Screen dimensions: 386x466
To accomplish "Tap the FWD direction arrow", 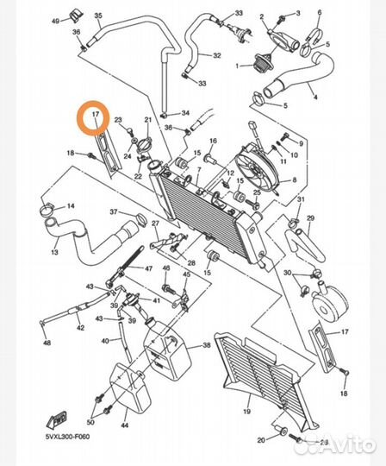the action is click(x=56, y=419).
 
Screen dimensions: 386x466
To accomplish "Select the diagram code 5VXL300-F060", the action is click(x=67, y=437).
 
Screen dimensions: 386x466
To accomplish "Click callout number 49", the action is click(x=55, y=21).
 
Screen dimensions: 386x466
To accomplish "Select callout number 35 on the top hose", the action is click(x=98, y=16).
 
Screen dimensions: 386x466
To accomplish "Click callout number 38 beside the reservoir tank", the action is click(x=207, y=345).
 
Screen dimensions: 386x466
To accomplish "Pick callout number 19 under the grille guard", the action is click(x=246, y=412).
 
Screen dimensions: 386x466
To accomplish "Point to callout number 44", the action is click(x=125, y=425).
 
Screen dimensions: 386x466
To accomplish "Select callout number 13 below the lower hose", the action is click(x=54, y=252).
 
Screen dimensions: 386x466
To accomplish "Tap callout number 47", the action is click(x=148, y=268).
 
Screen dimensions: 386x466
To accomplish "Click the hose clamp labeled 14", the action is click(x=46, y=209).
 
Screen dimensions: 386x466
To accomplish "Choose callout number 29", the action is click(x=311, y=218).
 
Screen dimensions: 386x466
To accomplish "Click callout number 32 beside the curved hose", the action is click(x=217, y=55).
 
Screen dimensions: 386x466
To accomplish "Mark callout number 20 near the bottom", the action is click(x=261, y=440).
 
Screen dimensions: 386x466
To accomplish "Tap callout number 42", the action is click(x=80, y=328).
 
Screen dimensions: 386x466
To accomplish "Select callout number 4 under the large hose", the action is click(x=315, y=97).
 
